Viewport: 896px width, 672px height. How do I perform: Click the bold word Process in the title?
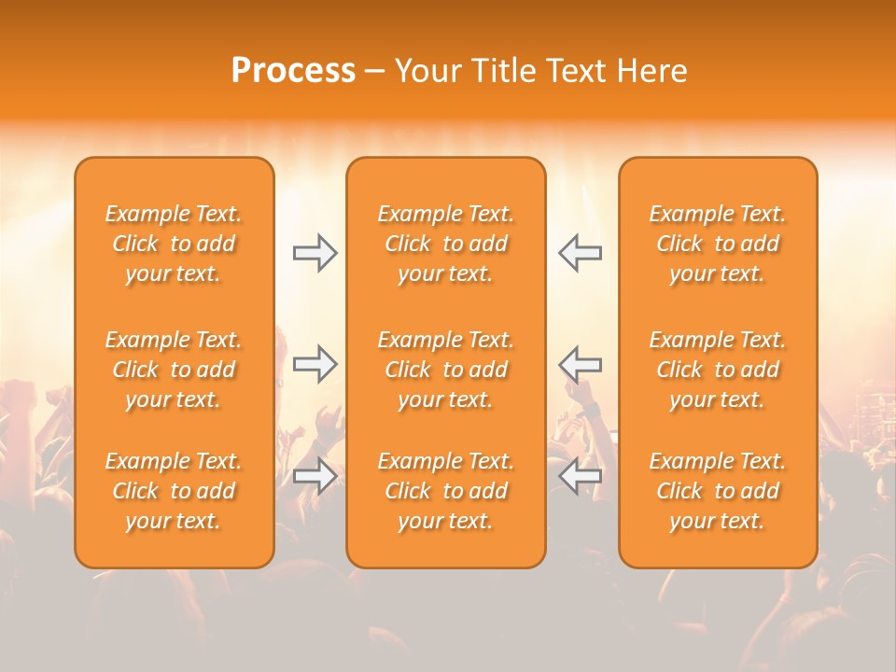coord(293,71)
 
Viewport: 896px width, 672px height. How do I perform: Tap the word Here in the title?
coord(652,71)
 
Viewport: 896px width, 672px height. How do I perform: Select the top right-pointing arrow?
coord(315,253)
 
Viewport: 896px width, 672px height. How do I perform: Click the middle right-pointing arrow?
coord(315,364)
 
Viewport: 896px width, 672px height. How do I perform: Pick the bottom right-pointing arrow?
coord(315,476)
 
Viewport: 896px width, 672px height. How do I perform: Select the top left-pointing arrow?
coord(581,253)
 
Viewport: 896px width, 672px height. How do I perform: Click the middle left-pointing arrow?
coord(581,364)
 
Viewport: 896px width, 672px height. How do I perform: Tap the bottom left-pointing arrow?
coord(581,476)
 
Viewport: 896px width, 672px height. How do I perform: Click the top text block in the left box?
coord(174,244)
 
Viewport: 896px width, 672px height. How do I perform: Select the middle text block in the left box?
coord(174,370)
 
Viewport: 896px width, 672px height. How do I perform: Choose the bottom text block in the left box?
coord(174,491)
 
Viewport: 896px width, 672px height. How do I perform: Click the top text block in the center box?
coord(446,244)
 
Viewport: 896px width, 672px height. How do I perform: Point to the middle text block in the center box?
coord(446,370)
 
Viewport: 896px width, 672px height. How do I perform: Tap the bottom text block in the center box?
coord(446,491)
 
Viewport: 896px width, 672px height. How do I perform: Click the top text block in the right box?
coord(718,244)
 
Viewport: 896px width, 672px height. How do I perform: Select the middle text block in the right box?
coord(718,370)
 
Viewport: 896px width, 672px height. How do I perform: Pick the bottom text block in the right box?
coord(718,491)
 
